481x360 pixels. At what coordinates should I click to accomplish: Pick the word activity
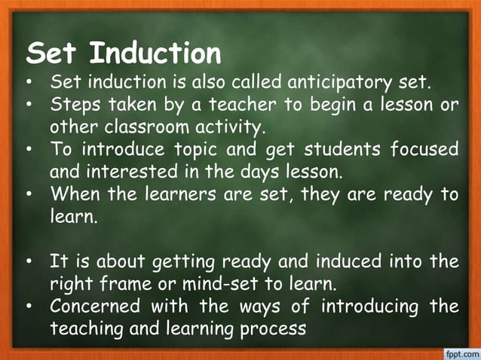[x=230, y=126]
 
